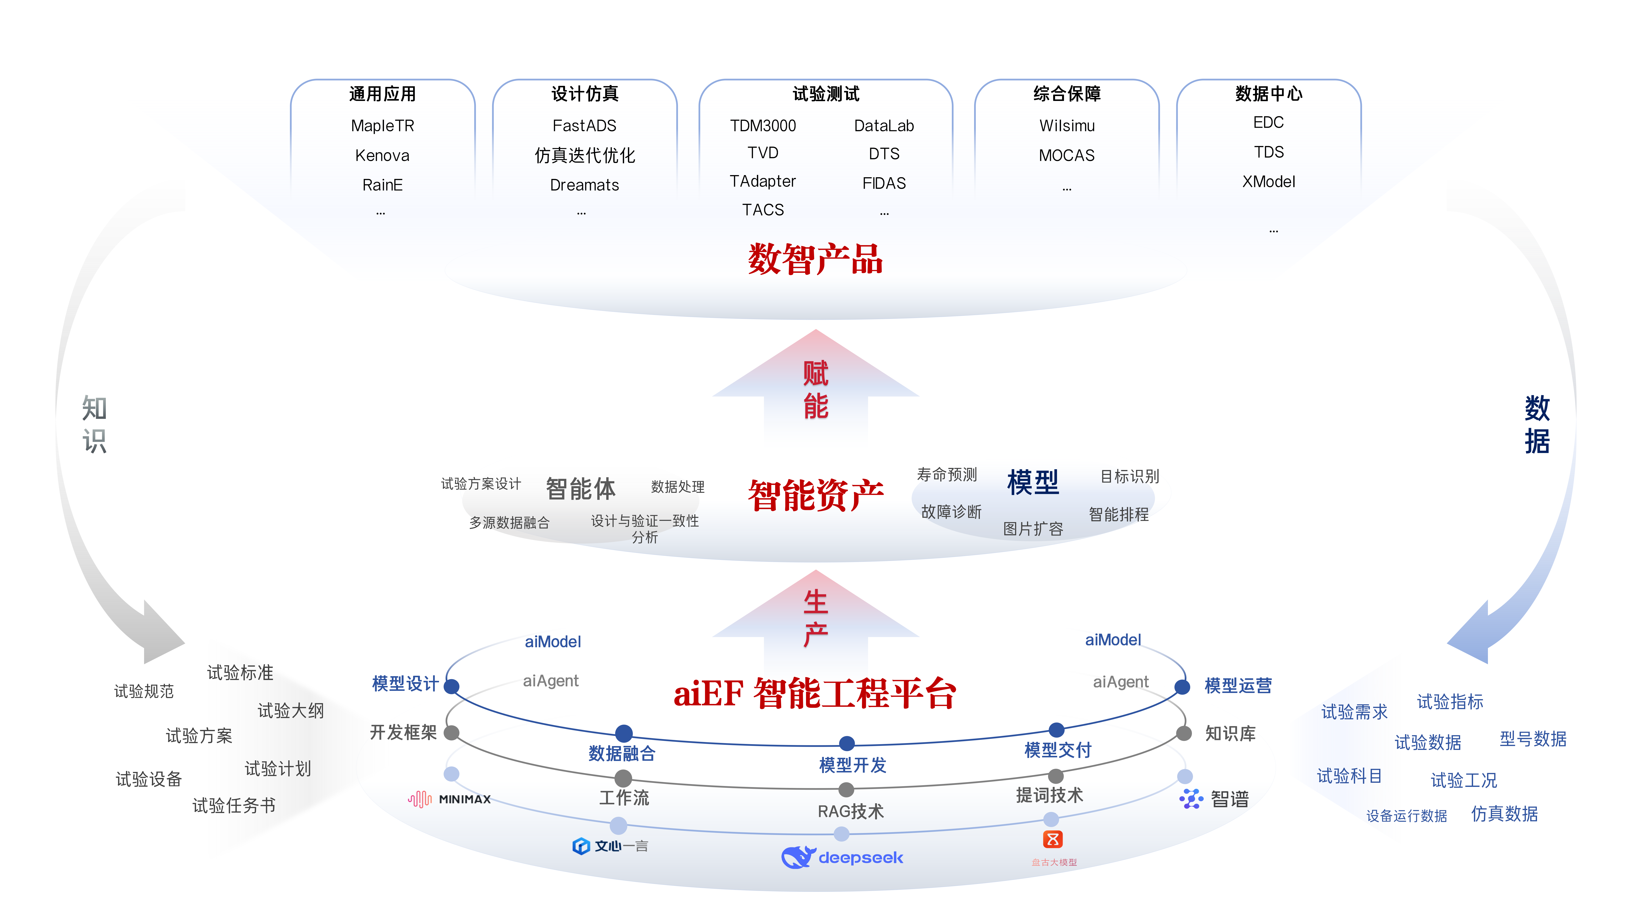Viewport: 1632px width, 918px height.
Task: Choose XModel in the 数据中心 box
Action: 1268,182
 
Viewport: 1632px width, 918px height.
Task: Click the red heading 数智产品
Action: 815,259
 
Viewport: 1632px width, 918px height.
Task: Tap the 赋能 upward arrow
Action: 815,390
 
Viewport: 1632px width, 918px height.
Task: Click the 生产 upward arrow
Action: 815,618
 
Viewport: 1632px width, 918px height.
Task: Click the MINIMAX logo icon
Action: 419,799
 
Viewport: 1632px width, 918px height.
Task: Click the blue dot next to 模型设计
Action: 452,686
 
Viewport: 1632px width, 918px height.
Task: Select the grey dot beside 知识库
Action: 1183,734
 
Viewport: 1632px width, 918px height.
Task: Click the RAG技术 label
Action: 850,812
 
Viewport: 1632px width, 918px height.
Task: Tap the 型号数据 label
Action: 1533,739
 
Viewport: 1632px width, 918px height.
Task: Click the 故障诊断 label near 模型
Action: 951,511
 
